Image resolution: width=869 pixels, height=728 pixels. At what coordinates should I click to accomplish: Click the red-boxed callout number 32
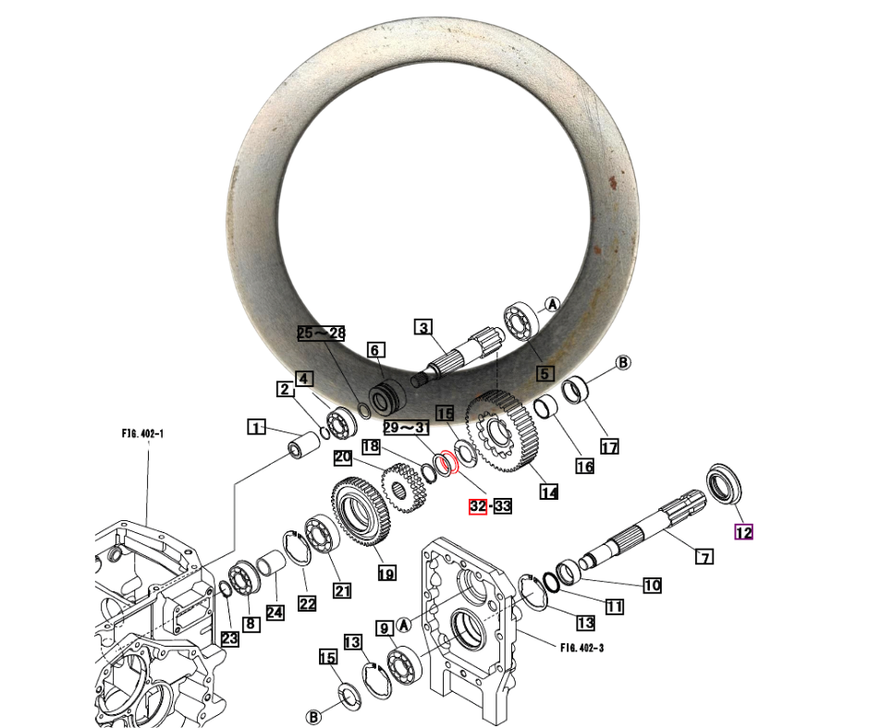(x=478, y=506)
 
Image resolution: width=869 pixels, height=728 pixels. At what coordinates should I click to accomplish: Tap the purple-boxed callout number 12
(x=744, y=532)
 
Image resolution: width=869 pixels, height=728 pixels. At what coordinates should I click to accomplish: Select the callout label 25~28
(x=322, y=333)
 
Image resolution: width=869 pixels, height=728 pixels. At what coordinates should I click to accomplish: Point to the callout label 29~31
(x=406, y=427)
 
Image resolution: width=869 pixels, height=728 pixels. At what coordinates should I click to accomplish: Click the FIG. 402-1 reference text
(x=142, y=434)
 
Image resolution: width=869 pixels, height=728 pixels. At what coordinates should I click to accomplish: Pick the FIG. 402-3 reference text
(x=581, y=647)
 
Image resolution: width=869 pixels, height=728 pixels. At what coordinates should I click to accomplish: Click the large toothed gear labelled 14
(x=502, y=431)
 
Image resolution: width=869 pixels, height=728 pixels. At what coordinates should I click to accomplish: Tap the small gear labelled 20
(x=406, y=488)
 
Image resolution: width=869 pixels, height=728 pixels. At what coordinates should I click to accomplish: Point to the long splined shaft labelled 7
(x=643, y=530)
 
